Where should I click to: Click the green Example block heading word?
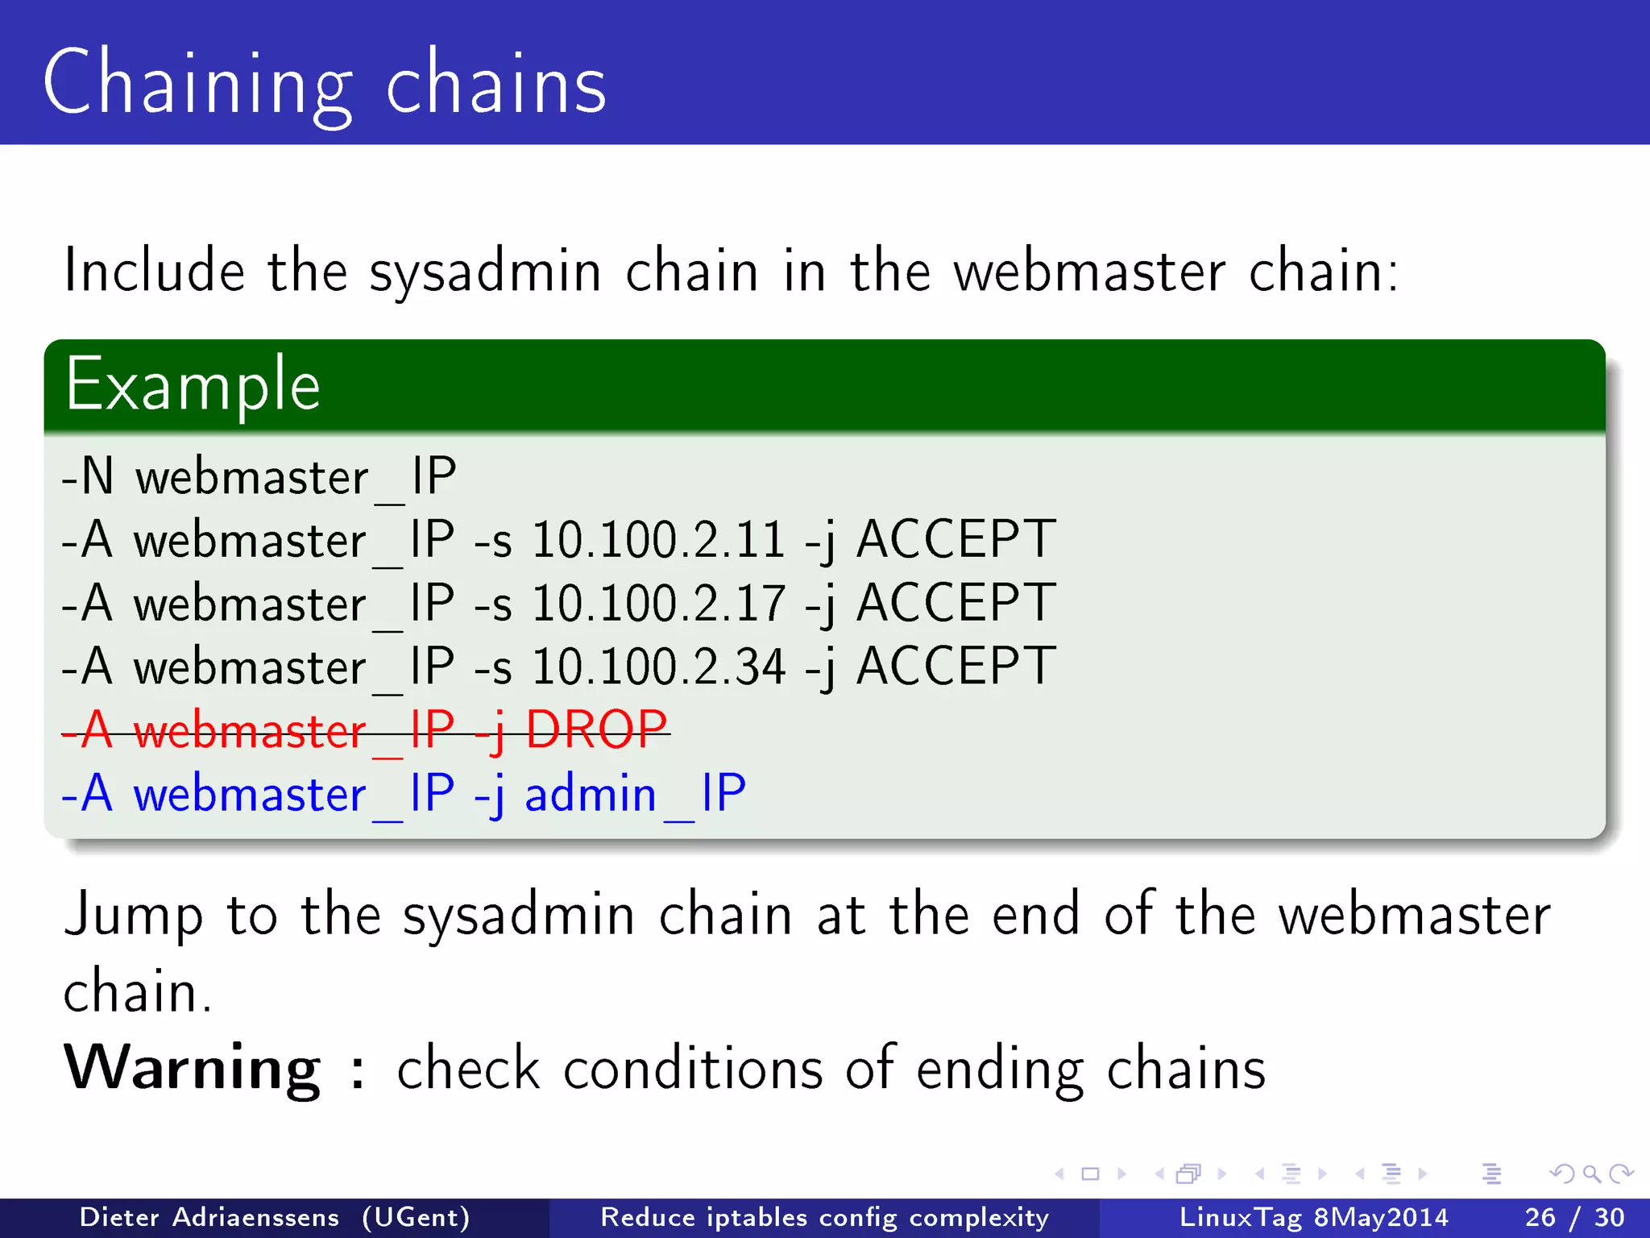pos(193,385)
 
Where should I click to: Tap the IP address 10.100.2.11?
pos(658,539)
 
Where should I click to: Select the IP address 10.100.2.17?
pos(658,603)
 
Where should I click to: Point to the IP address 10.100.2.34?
pos(658,667)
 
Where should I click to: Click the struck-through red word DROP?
pos(596,730)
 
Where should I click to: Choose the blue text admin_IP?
pos(635,794)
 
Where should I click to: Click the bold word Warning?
pos(192,1068)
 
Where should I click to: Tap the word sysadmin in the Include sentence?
pos(485,271)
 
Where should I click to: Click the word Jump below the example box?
pos(133,916)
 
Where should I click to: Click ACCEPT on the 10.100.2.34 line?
pos(956,667)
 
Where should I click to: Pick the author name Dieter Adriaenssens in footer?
pos(209,1217)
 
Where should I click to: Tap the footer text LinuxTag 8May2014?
pos(1313,1217)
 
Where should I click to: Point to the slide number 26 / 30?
pos(1574,1217)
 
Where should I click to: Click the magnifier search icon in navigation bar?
pos(1591,1174)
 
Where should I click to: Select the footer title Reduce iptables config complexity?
pos(824,1217)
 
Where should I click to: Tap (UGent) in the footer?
pos(416,1217)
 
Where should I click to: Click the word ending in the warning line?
pos(1000,1070)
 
